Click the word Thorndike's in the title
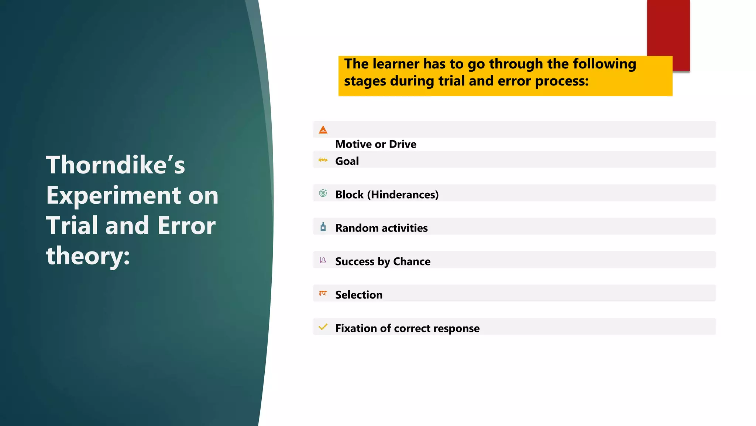[115, 165]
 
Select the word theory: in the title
[88, 256]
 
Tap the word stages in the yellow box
[365, 81]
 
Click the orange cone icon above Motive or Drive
[323, 130]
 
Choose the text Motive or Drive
[375, 144]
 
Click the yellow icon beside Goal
[323, 160]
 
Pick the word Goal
[347, 161]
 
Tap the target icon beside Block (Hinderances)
[323, 193]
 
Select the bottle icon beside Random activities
[323, 227]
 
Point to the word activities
[405, 228]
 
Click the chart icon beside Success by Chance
[323, 260]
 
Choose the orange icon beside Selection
[323, 293]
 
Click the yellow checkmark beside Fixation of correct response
[323, 327]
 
